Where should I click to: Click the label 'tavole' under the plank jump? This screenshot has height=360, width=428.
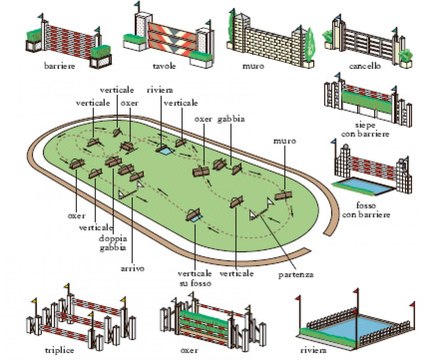[x=164, y=66]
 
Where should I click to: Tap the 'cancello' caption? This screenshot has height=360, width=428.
[x=365, y=66]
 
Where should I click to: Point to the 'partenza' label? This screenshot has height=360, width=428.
[x=296, y=275]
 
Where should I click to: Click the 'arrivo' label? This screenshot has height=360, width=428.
[x=133, y=268]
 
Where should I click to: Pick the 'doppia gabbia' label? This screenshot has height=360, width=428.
[x=113, y=243]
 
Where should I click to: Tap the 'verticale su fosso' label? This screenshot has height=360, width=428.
[x=194, y=278]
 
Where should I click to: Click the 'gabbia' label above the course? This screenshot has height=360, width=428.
[x=231, y=119]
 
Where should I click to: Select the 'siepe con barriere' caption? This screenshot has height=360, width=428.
[x=365, y=129]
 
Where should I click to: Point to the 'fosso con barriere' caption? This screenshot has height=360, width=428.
[x=366, y=210]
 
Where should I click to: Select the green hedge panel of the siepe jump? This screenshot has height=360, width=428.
[x=366, y=102]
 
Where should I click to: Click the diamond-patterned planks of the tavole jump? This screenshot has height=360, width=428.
[x=172, y=39]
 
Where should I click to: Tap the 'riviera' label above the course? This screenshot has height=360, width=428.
[x=160, y=90]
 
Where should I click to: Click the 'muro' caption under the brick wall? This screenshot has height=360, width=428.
[x=253, y=66]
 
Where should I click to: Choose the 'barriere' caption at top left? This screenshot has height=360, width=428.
[x=59, y=66]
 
